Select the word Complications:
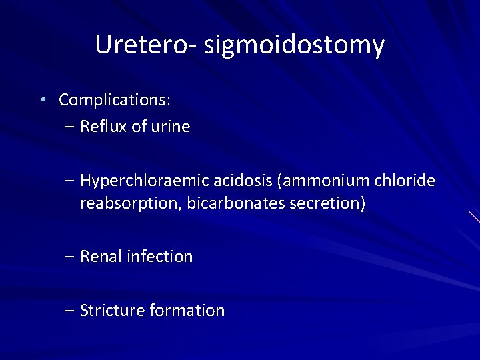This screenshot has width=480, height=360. [115, 101]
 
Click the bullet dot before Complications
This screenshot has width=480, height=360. [42, 100]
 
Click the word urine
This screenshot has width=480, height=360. [169, 127]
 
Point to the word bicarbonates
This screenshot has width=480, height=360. [239, 203]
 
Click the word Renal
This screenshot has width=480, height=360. [101, 257]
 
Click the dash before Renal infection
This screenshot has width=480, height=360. [71, 257]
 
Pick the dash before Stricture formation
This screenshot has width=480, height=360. [71, 311]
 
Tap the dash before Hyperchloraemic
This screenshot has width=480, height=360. [71, 181]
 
